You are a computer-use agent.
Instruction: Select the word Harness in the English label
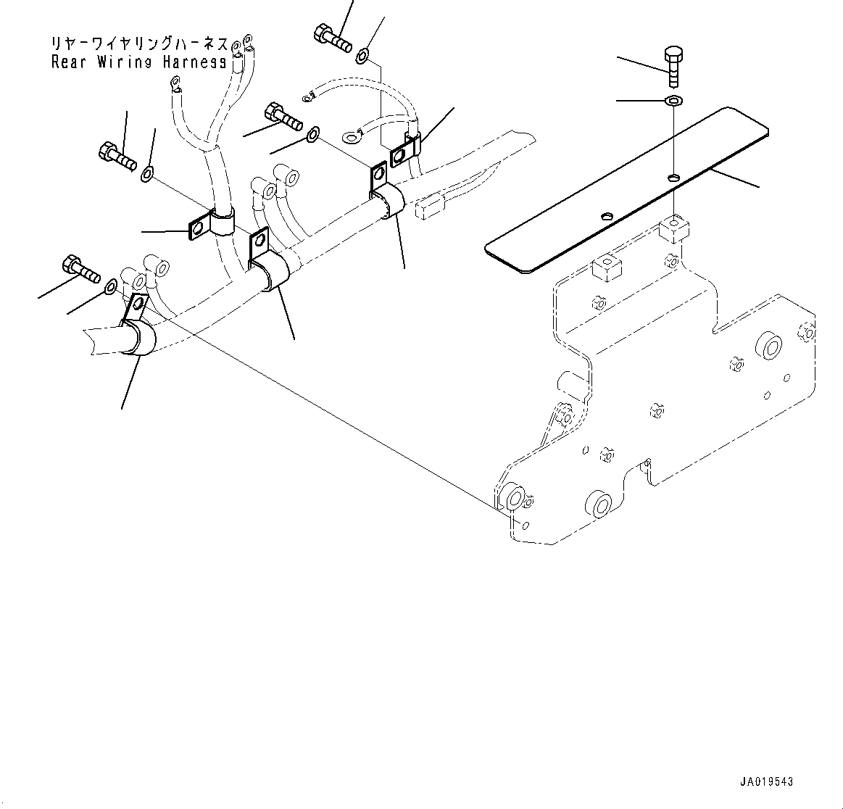click(x=194, y=62)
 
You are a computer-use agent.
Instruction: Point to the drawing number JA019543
click(x=767, y=782)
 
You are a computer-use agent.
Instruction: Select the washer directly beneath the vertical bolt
click(x=673, y=99)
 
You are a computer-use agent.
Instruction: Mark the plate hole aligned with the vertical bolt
click(x=674, y=177)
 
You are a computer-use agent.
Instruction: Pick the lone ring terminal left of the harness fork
click(x=174, y=88)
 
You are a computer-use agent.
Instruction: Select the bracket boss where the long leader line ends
click(x=515, y=498)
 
